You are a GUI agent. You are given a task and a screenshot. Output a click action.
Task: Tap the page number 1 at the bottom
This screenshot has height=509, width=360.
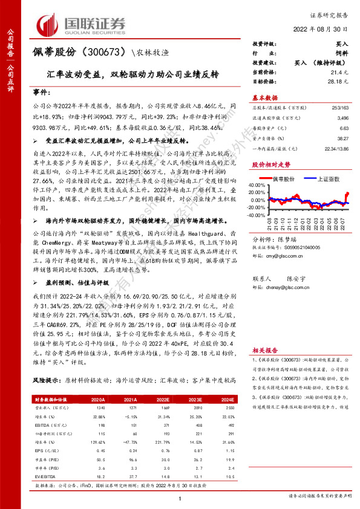pyautogui.click(x=180, y=497)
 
